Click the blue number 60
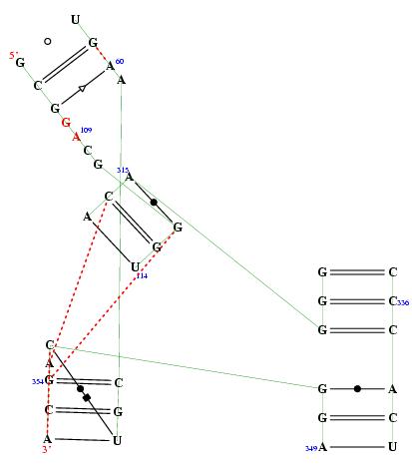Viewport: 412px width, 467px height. [x=120, y=61]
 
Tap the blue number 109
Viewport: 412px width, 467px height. [x=86, y=130]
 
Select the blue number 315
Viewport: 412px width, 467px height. [x=123, y=170]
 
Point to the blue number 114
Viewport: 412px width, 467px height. [x=142, y=275]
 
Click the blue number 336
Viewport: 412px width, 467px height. [x=403, y=302]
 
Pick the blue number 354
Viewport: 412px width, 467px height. [x=38, y=381]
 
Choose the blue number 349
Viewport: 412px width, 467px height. [x=311, y=449]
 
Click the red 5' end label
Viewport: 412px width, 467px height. [x=13, y=55]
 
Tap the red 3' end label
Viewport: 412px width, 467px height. [x=46, y=449]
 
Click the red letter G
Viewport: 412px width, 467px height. [x=66, y=123]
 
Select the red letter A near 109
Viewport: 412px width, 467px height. [x=77, y=137]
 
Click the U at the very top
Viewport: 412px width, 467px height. [x=76, y=20]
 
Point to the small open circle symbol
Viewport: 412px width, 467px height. [x=48, y=41]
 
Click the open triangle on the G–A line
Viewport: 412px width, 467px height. [x=82, y=89]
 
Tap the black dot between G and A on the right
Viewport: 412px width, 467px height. [x=357, y=388]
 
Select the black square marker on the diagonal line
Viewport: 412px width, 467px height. [x=87, y=397]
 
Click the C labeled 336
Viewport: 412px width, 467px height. [x=393, y=301]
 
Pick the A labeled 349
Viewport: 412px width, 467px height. [x=322, y=447]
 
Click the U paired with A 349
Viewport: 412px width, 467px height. [x=393, y=446]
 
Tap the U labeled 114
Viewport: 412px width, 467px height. [x=135, y=267]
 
